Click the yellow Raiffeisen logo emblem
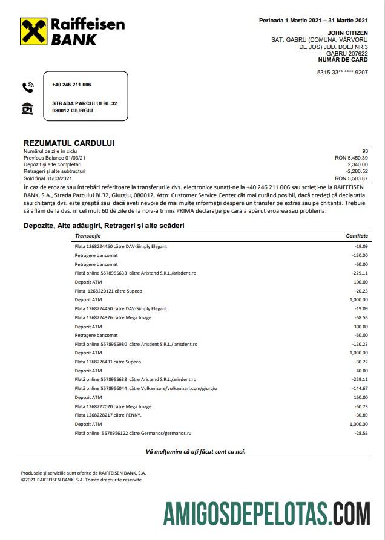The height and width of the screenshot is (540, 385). tap(33, 31)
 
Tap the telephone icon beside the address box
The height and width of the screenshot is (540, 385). tap(27, 86)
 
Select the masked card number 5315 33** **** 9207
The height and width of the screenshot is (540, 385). tap(342, 73)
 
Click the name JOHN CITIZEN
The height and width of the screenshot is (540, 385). tap(347, 33)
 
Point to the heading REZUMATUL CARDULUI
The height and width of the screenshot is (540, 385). tap(68, 143)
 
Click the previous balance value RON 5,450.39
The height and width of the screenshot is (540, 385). tap(351, 158)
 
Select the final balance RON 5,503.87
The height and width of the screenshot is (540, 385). tap(351, 178)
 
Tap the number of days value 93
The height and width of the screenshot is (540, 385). tap(364, 151)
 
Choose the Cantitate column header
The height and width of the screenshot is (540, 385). tap(357, 235)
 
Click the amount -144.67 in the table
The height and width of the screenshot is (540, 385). tap(359, 388)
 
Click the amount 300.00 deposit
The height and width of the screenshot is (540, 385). tap(361, 326)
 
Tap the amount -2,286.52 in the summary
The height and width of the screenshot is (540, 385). tap(353, 172)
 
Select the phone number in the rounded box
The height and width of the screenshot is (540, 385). tap(71, 85)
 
